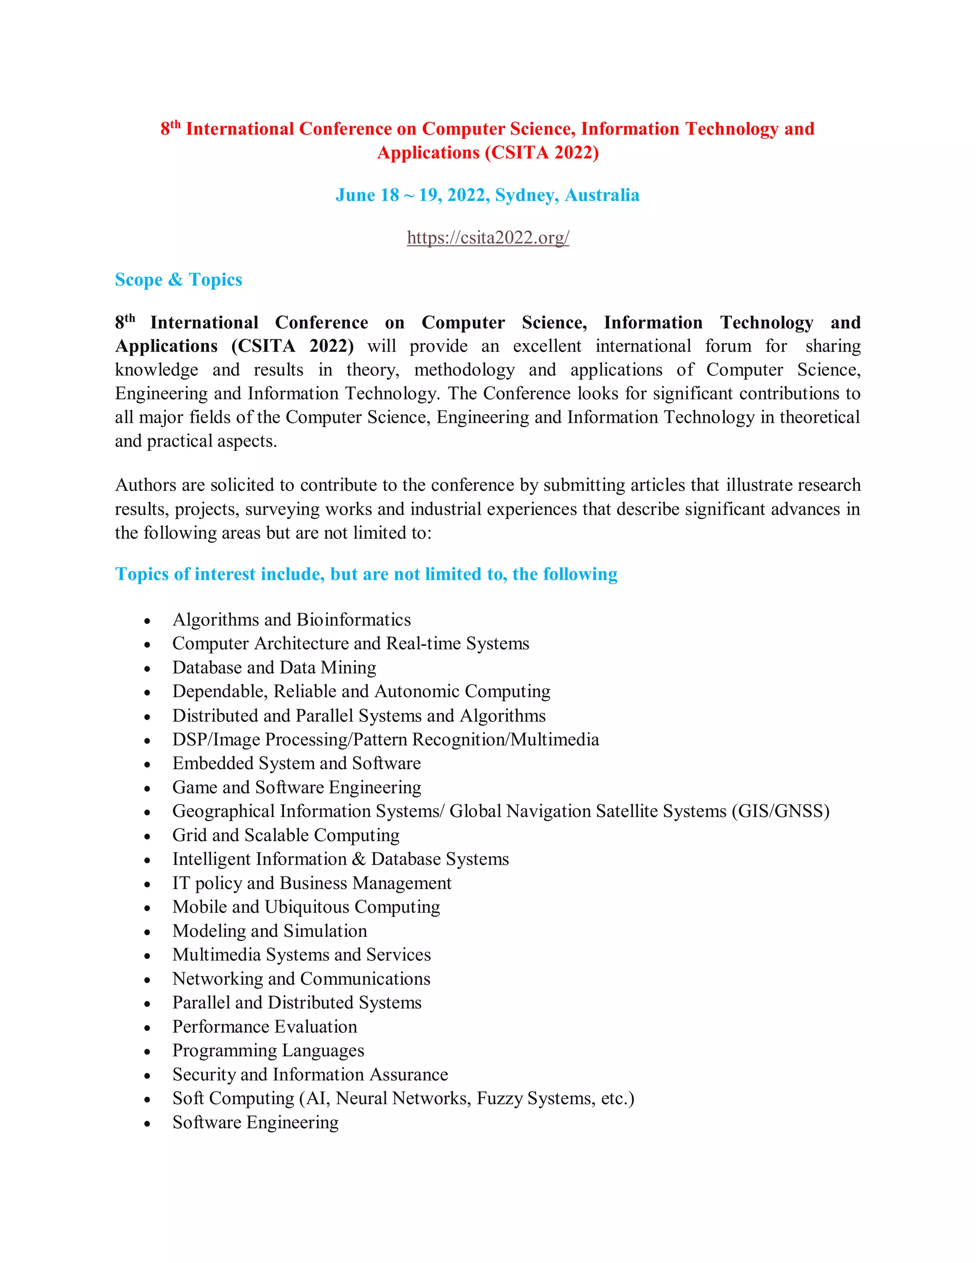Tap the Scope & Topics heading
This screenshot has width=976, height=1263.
pos(178,280)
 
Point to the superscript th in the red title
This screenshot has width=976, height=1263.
pos(176,124)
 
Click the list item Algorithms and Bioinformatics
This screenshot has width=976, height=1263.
pos(291,620)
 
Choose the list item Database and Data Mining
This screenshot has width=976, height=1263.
pos(274,668)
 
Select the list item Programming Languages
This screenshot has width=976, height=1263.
pos(268,1051)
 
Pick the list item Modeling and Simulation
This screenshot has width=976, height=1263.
pos(269,931)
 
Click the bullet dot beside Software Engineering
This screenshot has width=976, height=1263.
pos(147,1124)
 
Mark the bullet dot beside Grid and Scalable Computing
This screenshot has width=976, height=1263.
pos(147,837)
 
